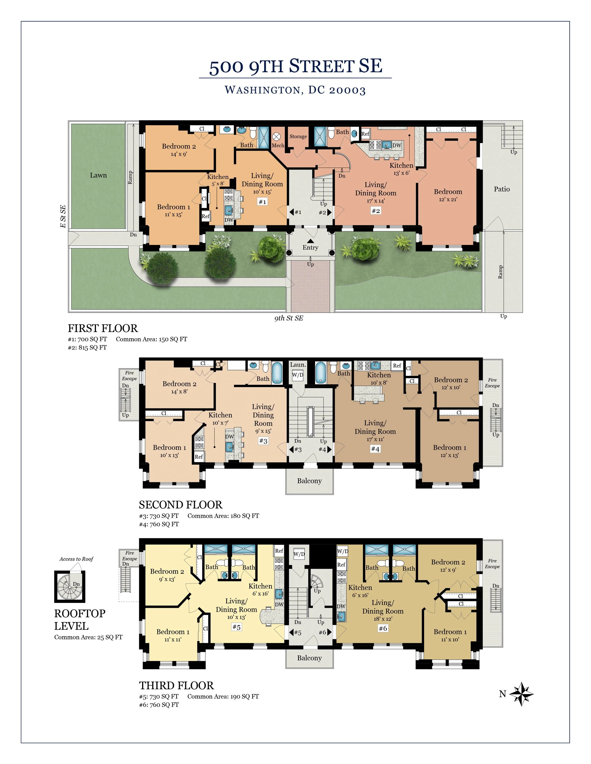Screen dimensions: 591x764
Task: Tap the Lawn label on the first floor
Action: click(x=98, y=175)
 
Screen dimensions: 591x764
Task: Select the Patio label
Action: click(x=502, y=189)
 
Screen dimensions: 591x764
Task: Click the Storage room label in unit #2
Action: click(x=298, y=137)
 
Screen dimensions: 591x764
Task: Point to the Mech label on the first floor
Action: click(x=278, y=145)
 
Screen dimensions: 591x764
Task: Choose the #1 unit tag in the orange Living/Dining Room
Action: click(x=262, y=202)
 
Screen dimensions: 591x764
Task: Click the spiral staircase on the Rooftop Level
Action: click(x=70, y=587)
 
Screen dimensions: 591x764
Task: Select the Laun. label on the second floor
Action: click(x=298, y=364)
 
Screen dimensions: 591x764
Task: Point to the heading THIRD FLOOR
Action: click(x=176, y=685)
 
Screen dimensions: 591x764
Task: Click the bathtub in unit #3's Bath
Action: click(x=277, y=373)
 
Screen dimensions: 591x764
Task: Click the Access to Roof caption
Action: click(x=76, y=559)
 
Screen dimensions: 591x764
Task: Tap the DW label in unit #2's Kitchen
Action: click(x=397, y=145)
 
